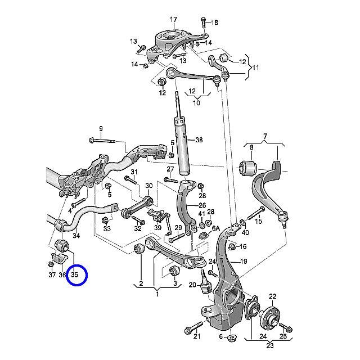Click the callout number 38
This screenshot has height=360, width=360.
pyautogui.click(x=199, y=141)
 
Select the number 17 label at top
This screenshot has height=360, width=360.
pyautogui.click(x=173, y=19)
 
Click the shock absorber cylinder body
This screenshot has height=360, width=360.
pyautogui.click(x=183, y=146)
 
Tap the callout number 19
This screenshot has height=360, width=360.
pyautogui.click(x=244, y=262)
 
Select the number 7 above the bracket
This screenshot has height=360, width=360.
pyautogui.click(x=264, y=136)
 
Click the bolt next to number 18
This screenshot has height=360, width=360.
pyautogui.click(x=203, y=22)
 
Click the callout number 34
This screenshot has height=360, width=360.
pyautogui.click(x=76, y=236)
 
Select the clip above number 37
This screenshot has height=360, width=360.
pyautogui.click(x=52, y=263)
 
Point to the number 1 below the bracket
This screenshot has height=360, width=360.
pyautogui.click(x=157, y=294)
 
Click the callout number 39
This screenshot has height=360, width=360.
pyautogui.click(x=157, y=228)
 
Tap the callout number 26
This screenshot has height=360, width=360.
pyautogui.click(x=202, y=206)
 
